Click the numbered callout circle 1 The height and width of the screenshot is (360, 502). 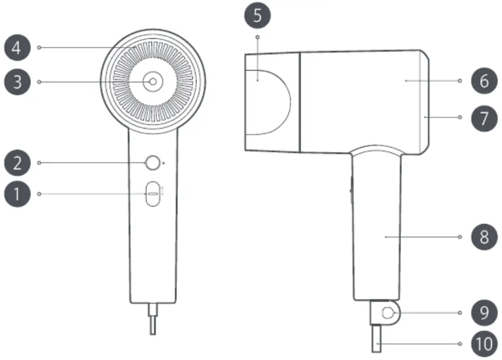coord(17,194)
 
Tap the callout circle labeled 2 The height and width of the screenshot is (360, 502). coord(17,162)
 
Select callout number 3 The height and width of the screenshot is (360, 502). coord(17,82)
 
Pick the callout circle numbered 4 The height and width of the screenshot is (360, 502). coord(17,48)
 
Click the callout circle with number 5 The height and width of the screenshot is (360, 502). coord(258,15)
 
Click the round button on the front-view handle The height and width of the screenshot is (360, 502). coord(152,163)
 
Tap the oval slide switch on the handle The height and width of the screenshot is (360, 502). coord(152,194)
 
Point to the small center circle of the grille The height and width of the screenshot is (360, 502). coord(152,81)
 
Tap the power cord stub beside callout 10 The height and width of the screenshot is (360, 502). coord(377,340)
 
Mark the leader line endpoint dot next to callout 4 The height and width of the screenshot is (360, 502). coord(40,48)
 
